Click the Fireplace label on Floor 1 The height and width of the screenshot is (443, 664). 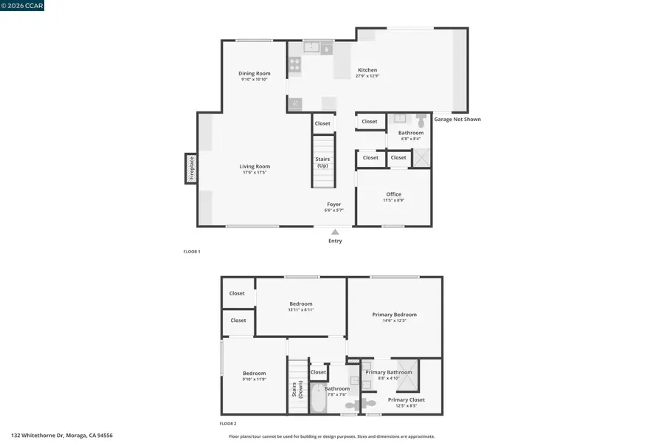coord(191,168)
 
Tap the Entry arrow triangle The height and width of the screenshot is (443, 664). coord(335,232)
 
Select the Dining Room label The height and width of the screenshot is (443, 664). coord(254,73)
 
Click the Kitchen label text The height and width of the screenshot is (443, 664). coord(367,70)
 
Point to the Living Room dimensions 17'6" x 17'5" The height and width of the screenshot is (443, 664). coord(254,172)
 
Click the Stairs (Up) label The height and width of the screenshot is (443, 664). coord(322,162)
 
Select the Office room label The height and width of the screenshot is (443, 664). coord(393,194)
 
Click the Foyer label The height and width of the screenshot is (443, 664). coord(334,204)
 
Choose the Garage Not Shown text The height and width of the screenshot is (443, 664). coord(457,119)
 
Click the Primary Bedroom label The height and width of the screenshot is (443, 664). coord(394,315)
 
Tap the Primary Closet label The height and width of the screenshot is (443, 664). coord(406,399)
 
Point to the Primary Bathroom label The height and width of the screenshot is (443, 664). coord(389,372)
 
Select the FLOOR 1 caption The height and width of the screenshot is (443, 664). coord(192,252)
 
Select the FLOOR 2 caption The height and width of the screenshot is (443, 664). coord(228,424)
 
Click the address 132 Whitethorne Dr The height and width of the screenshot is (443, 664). coord(62,436)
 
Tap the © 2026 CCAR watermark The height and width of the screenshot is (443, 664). coord(22,5)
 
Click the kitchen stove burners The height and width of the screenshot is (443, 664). coord(294,66)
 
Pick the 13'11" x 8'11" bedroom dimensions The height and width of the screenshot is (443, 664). coord(300,309)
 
